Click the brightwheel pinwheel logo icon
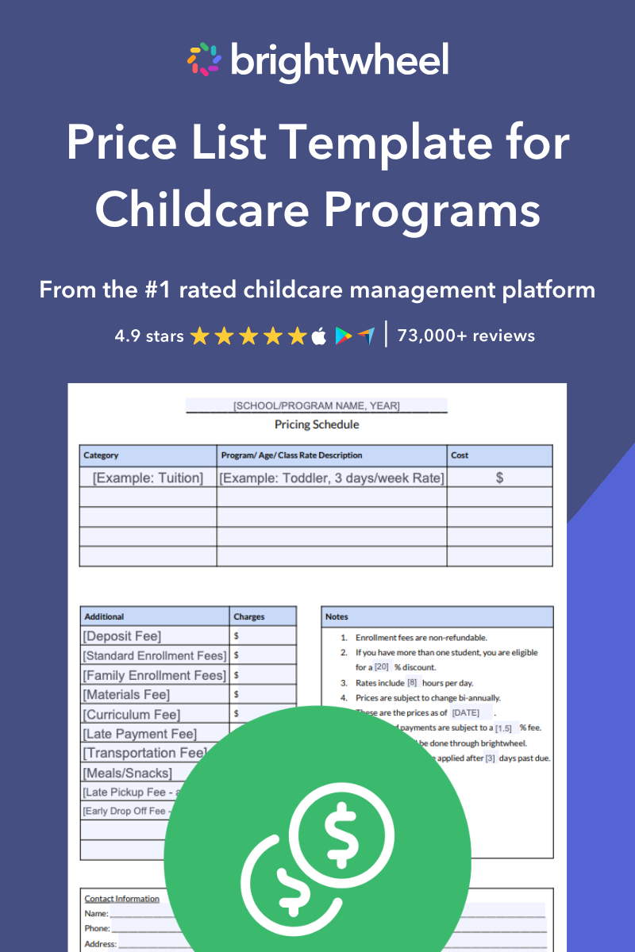(x=204, y=59)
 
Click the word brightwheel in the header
(x=340, y=59)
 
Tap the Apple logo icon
(x=319, y=336)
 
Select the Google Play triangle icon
(x=343, y=336)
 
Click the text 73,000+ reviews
(x=466, y=336)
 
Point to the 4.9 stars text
(x=148, y=336)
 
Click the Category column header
(x=101, y=455)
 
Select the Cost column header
(x=460, y=455)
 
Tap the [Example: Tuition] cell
(x=148, y=478)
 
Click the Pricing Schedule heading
(x=317, y=424)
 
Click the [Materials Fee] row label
(x=126, y=695)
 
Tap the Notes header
(x=337, y=616)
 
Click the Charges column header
(x=249, y=616)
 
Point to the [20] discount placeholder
(x=382, y=667)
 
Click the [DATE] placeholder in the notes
(x=466, y=712)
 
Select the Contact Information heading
(x=122, y=899)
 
